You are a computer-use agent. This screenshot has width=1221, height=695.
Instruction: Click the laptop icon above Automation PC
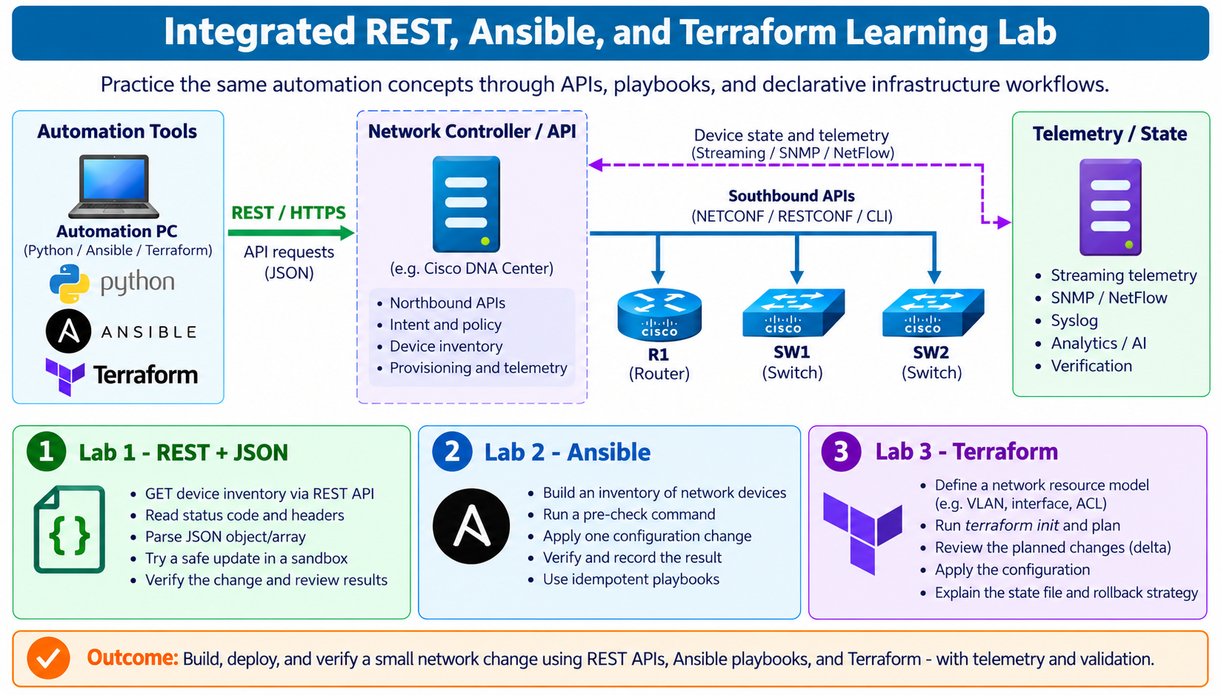click(114, 187)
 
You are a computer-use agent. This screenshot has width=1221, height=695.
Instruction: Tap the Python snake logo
click(69, 284)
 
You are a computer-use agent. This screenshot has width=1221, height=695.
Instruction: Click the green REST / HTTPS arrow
click(291, 233)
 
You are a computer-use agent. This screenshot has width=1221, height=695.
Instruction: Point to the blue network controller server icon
click(466, 204)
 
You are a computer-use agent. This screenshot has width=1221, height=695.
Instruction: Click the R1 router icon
click(659, 314)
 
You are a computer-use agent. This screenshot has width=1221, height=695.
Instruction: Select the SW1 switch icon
click(793, 312)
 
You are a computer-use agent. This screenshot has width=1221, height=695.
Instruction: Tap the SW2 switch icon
click(933, 312)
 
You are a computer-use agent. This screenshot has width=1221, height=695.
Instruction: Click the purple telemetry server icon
click(1110, 207)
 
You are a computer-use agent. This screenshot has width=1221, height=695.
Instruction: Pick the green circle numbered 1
click(46, 451)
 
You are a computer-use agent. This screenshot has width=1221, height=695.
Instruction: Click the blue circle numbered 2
click(452, 451)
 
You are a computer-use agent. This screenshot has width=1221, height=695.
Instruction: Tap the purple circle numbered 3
click(841, 451)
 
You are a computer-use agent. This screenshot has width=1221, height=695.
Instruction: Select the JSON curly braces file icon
click(69, 529)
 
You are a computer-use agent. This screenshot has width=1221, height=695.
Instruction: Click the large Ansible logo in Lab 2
click(471, 526)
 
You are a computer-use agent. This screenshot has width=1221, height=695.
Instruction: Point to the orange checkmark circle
click(48, 658)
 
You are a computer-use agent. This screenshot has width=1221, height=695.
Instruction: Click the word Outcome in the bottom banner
click(132, 658)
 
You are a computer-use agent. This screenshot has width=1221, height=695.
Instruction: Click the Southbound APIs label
click(791, 195)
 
